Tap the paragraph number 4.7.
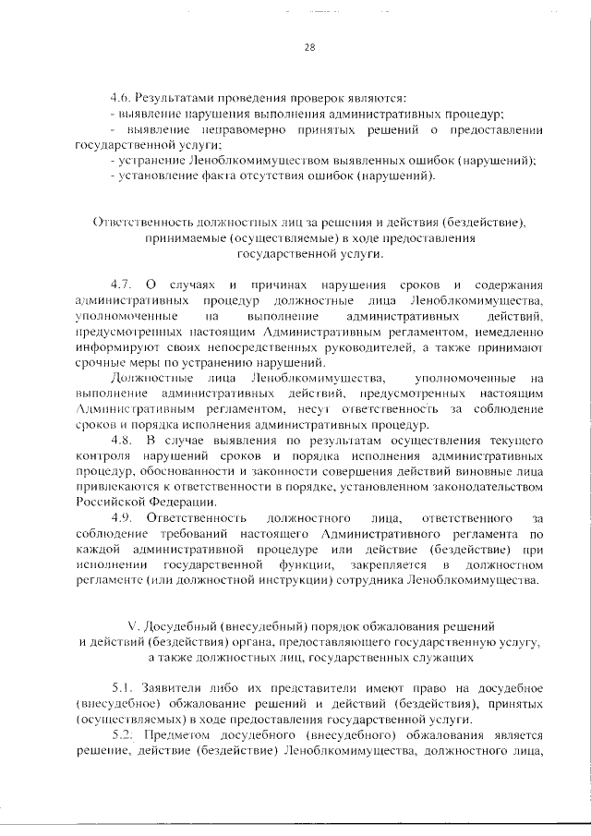click(x=122, y=284)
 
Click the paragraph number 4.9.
click(x=122, y=519)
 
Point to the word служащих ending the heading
click(x=436, y=658)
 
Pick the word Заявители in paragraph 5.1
click(x=174, y=690)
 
